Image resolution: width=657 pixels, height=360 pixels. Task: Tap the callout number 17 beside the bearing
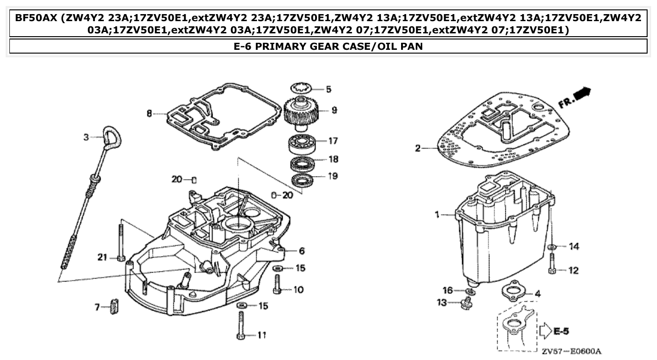coord(333,141)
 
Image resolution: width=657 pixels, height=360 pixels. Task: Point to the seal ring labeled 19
coord(301,179)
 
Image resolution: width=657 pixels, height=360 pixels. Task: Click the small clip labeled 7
coord(113,306)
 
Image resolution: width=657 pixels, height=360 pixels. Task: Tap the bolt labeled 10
coord(277,285)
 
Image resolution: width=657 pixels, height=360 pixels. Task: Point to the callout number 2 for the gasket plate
coord(417,149)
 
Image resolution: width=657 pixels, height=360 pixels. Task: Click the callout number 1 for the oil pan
coord(437,215)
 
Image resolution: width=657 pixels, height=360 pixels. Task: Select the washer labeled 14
coord(552,246)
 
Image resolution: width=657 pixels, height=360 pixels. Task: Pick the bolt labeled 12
coord(552,264)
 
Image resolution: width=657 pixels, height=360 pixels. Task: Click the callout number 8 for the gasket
coord(149,114)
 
